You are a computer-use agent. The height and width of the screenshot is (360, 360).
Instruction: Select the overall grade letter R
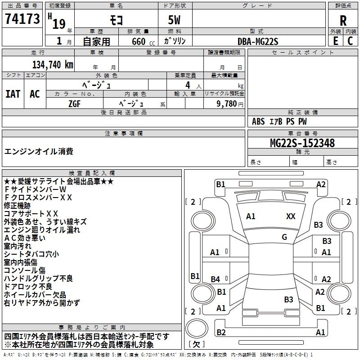tap(343, 20)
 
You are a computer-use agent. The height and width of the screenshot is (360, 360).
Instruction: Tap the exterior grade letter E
tap(335, 40)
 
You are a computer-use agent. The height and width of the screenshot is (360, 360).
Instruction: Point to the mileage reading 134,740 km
tap(53, 65)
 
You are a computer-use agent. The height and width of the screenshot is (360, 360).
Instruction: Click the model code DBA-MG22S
tap(258, 41)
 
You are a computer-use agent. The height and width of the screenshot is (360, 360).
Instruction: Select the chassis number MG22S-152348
tap(302, 143)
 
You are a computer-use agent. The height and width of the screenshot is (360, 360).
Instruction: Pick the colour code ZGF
tap(74, 103)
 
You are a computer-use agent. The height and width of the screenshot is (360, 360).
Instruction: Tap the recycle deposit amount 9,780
tap(227, 103)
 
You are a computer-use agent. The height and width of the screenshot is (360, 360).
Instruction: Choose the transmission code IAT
tap(13, 94)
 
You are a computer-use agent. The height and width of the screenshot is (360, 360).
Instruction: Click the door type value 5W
tap(174, 20)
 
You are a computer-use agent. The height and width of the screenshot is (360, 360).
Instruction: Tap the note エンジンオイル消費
tap(39, 152)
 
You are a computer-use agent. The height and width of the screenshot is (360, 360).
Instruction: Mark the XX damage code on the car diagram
tap(291, 216)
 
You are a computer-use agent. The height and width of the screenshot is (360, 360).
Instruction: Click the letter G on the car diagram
tap(284, 237)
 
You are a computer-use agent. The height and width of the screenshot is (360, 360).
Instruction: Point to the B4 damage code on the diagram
tap(216, 279)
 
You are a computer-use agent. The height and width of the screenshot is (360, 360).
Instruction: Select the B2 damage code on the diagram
tap(221, 333)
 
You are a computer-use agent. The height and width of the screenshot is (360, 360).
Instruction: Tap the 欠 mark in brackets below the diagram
tap(196, 344)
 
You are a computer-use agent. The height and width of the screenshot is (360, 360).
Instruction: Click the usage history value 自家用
tap(96, 41)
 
